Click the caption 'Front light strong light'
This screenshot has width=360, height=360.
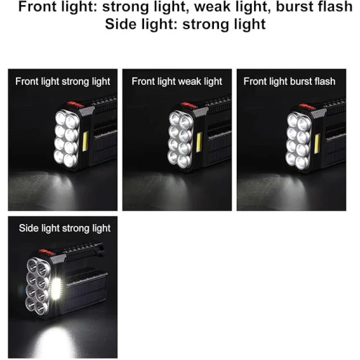pyautogui.click(x=63, y=81)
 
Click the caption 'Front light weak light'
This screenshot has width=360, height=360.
pyautogui.click(x=177, y=81)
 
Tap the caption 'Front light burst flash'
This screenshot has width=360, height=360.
pyautogui.click(x=289, y=81)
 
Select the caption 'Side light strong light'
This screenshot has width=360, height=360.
pyautogui.click(x=65, y=228)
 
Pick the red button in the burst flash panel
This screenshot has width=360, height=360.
pyautogui.click(x=307, y=107)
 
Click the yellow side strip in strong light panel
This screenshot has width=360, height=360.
pyautogui.click(x=85, y=141)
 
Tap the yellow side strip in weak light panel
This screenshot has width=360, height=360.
pyautogui.click(x=199, y=143)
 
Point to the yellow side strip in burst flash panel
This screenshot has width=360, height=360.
pyautogui.click(x=317, y=144)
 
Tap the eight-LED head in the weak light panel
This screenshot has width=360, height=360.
pyautogui.click(x=181, y=140)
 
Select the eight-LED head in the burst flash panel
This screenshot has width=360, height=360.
pyautogui.click(x=298, y=141)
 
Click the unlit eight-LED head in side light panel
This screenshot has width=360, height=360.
pyautogui.click(x=38, y=287)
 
